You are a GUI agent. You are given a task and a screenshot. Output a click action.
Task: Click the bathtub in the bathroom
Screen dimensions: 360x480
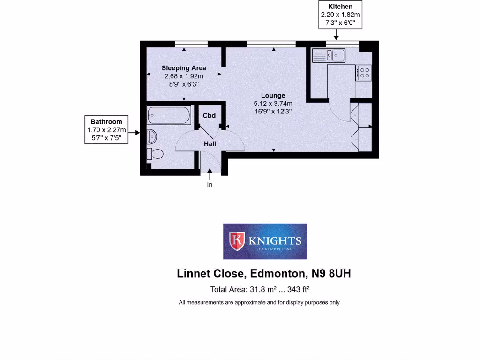(x=169, y=115)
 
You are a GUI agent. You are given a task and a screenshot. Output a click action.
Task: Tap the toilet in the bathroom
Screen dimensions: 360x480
(x=155, y=153)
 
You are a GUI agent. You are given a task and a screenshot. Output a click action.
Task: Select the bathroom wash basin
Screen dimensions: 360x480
(x=151, y=136)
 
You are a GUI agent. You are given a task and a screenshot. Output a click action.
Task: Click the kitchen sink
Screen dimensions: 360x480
(x=329, y=56)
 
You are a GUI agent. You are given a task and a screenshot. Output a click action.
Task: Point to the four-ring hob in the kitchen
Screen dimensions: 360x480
(x=363, y=73)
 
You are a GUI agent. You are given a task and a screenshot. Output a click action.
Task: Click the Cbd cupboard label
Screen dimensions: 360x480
(x=209, y=115)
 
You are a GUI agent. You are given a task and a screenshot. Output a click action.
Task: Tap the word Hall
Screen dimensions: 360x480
(x=210, y=144)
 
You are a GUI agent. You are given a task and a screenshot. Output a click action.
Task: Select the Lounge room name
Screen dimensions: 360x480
(x=273, y=96)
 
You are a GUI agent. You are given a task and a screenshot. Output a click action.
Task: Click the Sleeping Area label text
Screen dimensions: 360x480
(x=184, y=68)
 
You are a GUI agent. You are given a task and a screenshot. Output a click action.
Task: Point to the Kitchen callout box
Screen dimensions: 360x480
(x=340, y=15)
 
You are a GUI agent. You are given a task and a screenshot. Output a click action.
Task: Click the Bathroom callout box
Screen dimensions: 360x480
(x=106, y=129)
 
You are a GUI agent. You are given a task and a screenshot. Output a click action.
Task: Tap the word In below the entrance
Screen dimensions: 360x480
(x=210, y=185)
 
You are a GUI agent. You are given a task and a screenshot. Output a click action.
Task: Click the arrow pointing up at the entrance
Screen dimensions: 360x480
(x=210, y=175)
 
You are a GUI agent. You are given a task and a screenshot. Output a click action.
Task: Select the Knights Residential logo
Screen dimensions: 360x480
(x=265, y=241)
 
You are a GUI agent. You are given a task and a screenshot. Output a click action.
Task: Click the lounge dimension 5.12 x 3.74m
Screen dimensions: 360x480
(x=273, y=104)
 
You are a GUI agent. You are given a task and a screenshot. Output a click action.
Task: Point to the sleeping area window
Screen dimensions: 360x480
(x=191, y=44)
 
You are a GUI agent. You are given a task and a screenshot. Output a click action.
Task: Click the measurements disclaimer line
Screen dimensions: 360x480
(x=259, y=302)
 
